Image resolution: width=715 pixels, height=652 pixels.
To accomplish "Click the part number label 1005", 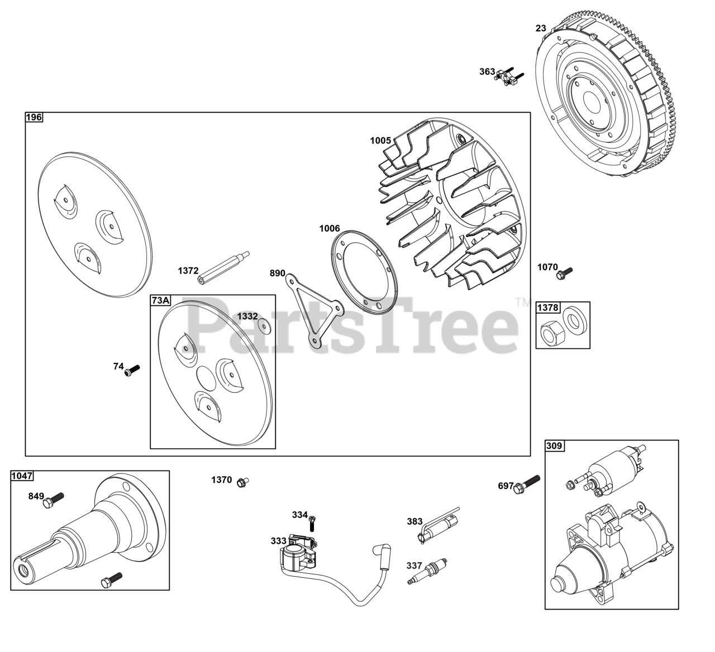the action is click(x=380, y=141).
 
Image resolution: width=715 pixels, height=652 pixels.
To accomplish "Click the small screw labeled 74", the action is click(x=132, y=369).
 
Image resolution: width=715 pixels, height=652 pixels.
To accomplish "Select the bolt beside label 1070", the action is click(x=565, y=272).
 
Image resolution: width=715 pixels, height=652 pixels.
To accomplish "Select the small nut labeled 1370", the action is click(x=242, y=482).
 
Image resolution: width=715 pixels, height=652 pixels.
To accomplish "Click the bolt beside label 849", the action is click(x=54, y=498).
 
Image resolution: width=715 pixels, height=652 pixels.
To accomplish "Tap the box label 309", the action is click(x=554, y=445).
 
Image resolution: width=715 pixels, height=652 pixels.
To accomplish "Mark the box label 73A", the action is click(x=160, y=301).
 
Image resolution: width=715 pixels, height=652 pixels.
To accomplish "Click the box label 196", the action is click(x=34, y=117).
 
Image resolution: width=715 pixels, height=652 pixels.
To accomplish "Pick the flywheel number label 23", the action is click(x=541, y=28).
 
